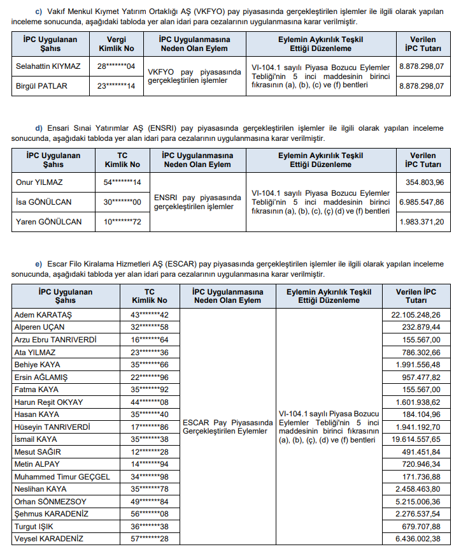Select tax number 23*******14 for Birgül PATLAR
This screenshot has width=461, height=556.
[116, 85]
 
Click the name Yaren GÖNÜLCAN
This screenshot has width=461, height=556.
[48, 221]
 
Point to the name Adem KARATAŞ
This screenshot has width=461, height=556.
[43, 315]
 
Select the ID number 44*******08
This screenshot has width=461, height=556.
[150, 402]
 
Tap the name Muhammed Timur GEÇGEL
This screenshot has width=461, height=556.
[62, 476]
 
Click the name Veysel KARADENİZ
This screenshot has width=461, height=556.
[48, 539]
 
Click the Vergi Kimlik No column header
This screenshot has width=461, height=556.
[116, 43]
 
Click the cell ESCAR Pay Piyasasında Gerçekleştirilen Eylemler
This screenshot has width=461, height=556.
[227, 427]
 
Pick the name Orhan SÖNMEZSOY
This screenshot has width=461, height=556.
[50, 501]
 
